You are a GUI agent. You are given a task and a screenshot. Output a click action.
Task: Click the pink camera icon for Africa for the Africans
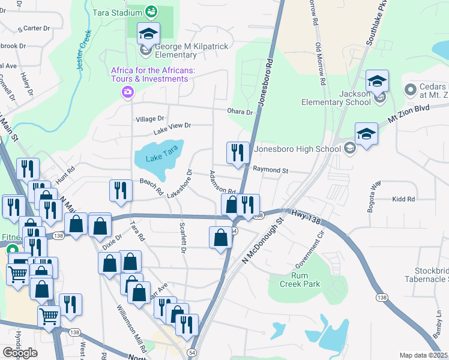pyautogui.click(x=127, y=92)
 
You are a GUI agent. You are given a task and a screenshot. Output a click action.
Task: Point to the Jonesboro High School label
pyautogui.click(x=298, y=149)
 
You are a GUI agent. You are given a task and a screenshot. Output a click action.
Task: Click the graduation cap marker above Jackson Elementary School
pyautogui.click(x=377, y=82)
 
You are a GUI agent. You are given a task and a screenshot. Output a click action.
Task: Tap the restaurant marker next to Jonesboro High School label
pyautogui.click(x=238, y=153)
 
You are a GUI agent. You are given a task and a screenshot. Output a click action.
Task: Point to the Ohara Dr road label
pyautogui.click(x=240, y=112)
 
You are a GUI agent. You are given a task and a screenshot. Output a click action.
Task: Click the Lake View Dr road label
pyautogui.click(x=172, y=127)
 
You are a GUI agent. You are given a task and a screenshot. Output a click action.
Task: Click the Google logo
pyautogui.click(x=20, y=353)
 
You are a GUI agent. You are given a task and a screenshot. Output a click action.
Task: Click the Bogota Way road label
pyautogui.click(x=372, y=196)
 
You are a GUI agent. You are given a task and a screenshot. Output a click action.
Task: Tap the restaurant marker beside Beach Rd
pyautogui.click(x=121, y=191)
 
